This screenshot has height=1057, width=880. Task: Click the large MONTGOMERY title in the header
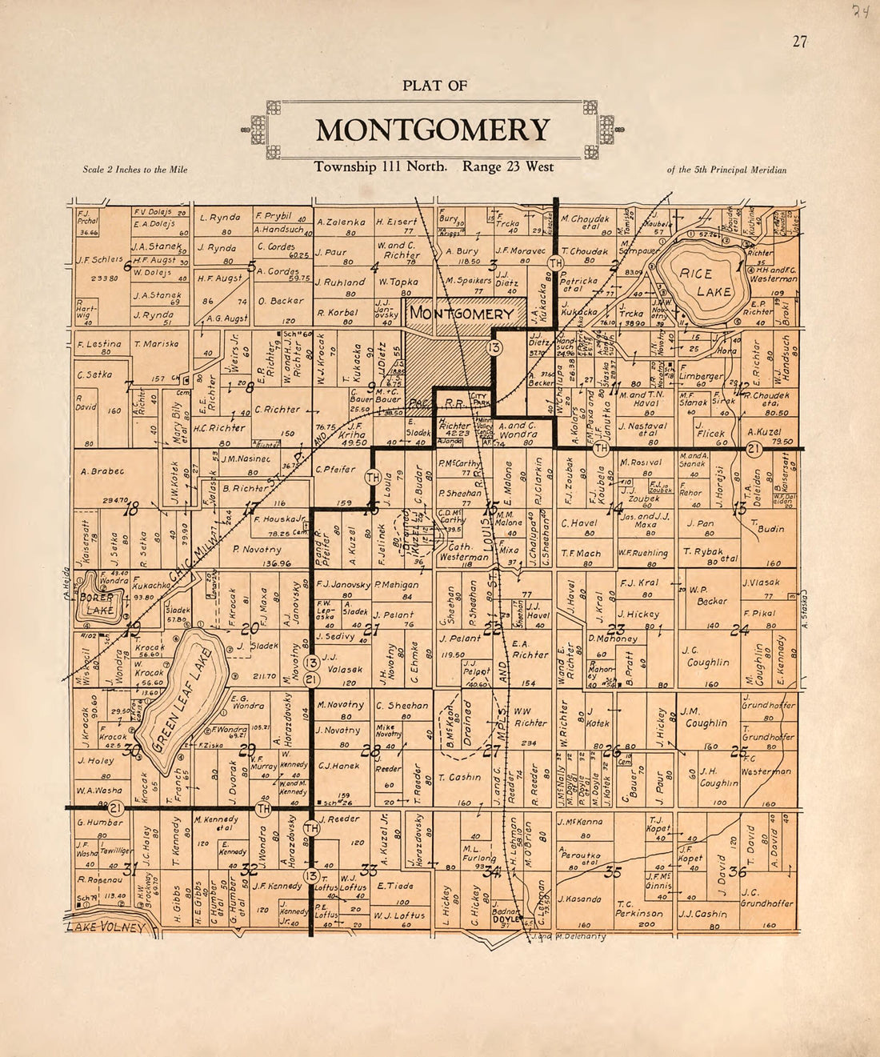pos(433,130)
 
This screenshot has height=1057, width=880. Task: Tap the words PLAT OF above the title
pos(434,86)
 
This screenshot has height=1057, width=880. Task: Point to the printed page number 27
pos(799,42)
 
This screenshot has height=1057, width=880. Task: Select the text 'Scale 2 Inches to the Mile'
pos(135,170)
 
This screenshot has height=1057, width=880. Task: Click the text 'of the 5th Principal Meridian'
pos(726,170)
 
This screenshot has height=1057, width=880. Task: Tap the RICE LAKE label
pos(696,282)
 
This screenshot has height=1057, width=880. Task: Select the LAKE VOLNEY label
pos(106,927)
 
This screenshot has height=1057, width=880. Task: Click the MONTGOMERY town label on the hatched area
pos(462,314)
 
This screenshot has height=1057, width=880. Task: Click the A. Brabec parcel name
pos(102,471)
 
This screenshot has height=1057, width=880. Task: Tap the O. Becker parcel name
pos(281,301)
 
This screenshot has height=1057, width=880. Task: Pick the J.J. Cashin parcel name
pos(702,914)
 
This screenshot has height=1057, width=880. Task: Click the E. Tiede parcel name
pos(394,886)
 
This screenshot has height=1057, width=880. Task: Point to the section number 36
pos(737,871)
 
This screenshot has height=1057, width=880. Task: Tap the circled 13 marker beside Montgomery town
pos(494,347)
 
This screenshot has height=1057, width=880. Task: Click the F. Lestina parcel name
pos(99,345)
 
